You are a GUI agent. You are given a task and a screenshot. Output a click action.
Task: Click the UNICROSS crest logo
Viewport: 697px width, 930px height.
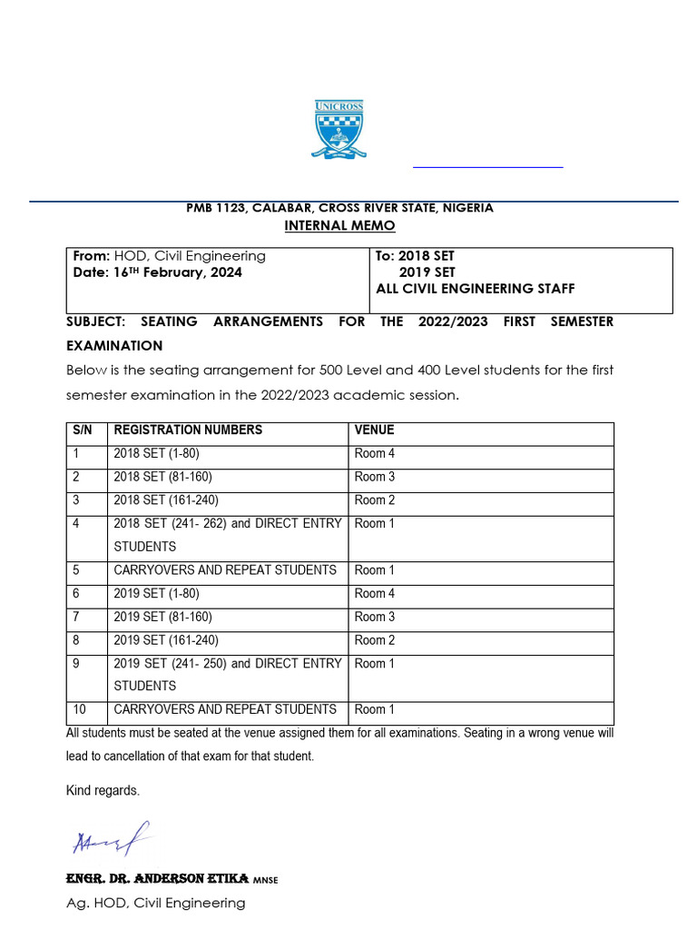(x=339, y=129)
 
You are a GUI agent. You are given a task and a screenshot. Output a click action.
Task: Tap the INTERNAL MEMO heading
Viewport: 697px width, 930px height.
(x=340, y=225)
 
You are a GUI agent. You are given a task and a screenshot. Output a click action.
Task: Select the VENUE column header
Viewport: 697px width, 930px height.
(x=374, y=430)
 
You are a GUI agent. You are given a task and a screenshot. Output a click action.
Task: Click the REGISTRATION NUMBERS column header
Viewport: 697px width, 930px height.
(x=188, y=430)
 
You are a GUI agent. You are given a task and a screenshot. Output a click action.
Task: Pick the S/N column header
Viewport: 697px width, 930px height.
(x=83, y=430)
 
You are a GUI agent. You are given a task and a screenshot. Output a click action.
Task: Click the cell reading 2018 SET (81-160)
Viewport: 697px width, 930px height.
(x=163, y=477)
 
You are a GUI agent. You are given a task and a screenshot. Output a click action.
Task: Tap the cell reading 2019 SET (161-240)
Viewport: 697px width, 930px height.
(x=166, y=640)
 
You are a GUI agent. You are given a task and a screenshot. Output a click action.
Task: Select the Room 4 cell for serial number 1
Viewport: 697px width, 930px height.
(x=374, y=453)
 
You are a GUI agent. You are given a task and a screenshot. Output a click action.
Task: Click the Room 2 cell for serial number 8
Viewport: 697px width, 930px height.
(x=374, y=640)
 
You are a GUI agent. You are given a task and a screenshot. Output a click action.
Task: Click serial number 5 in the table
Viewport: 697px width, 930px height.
(x=76, y=570)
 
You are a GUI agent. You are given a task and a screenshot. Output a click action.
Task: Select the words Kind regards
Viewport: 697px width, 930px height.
(x=103, y=790)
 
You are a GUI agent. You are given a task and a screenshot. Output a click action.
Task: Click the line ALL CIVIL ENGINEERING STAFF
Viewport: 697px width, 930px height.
(x=476, y=289)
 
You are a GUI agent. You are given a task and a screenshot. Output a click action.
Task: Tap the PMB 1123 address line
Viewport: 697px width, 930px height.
(x=340, y=208)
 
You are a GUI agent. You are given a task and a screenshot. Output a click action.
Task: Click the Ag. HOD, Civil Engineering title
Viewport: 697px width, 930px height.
(x=156, y=903)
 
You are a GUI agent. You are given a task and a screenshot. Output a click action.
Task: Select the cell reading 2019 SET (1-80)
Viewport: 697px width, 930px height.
(x=157, y=594)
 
